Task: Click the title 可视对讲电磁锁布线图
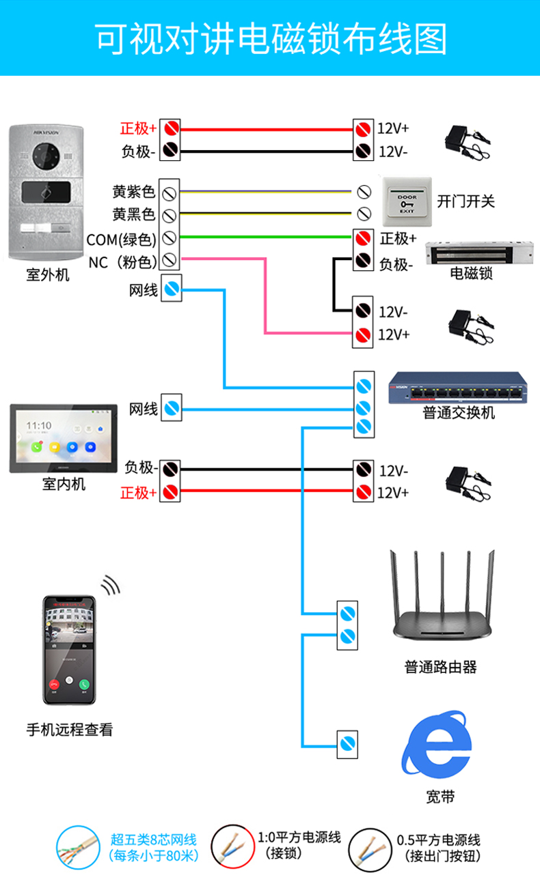[270, 39]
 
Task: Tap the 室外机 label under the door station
[48, 276]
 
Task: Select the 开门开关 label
[465, 201]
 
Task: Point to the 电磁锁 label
[472, 274]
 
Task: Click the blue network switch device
[458, 390]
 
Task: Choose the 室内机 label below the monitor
[64, 485]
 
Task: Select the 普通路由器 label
[441, 667]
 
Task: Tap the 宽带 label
[439, 797]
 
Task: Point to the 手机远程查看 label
[70, 730]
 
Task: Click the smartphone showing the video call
[69, 650]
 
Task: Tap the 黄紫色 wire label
[134, 192]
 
